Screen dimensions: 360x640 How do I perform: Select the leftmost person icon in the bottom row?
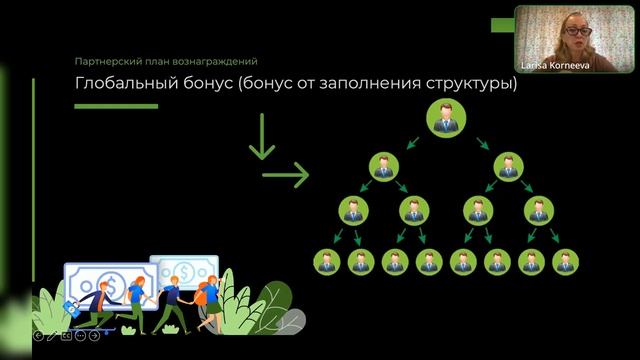pyautogui.click(x=325, y=262)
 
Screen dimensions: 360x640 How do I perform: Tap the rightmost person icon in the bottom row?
pyautogui.click(x=567, y=262)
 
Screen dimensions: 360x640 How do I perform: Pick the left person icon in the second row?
pyautogui.click(x=383, y=167)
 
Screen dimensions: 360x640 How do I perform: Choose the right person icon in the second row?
pyautogui.click(x=508, y=167)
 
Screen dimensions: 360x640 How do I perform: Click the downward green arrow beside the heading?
pyautogui.click(x=262, y=137)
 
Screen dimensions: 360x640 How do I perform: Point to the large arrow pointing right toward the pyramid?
pyautogui.click(x=285, y=177)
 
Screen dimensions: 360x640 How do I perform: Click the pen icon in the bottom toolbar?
pyautogui.click(x=53, y=336)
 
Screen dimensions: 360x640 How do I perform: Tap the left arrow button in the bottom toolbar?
pyautogui.click(x=38, y=336)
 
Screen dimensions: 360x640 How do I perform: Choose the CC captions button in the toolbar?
pyautogui.click(x=67, y=336)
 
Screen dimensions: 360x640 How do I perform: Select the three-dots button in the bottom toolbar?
pyautogui.click(x=81, y=336)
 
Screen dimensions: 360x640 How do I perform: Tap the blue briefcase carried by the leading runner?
pyautogui.click(x=71, y=307)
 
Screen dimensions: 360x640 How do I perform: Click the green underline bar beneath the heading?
pyautogui.click(x=117, y=106)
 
